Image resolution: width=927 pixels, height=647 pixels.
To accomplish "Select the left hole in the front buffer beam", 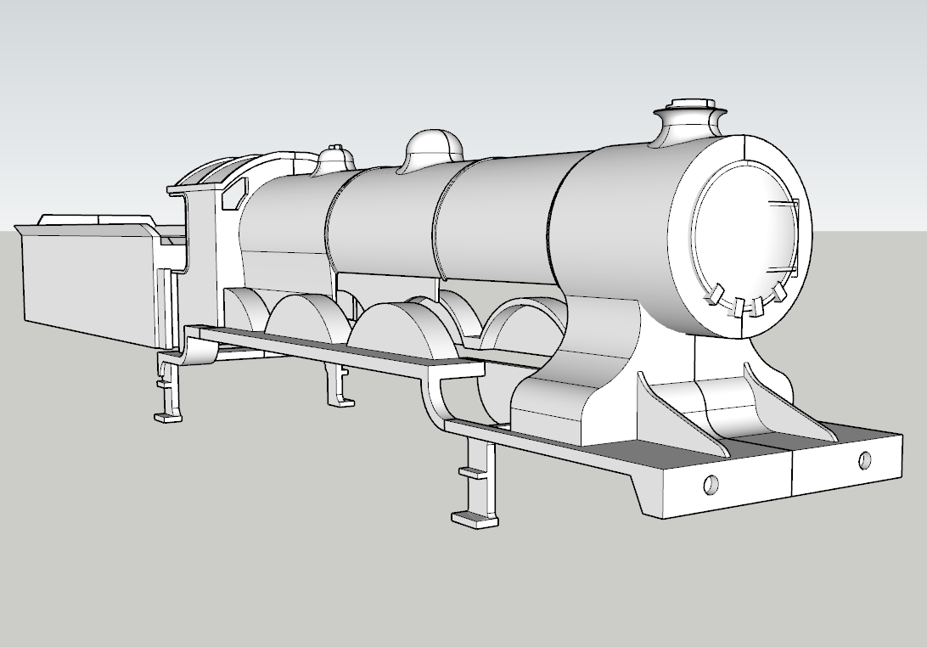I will click(711, 484).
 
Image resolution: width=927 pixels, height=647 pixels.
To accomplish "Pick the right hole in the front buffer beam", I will click(864, 461).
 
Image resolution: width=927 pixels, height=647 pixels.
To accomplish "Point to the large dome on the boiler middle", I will click(432, 149).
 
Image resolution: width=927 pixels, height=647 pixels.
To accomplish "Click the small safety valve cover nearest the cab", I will click(335, 159).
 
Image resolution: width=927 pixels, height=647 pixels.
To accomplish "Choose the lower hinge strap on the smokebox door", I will click(786, 272).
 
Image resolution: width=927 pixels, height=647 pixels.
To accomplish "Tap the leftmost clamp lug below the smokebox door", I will click(715, 295).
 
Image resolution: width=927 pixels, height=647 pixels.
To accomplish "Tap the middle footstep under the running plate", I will click(340, 385).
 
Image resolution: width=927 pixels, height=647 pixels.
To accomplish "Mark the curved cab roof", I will click(229, 166).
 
